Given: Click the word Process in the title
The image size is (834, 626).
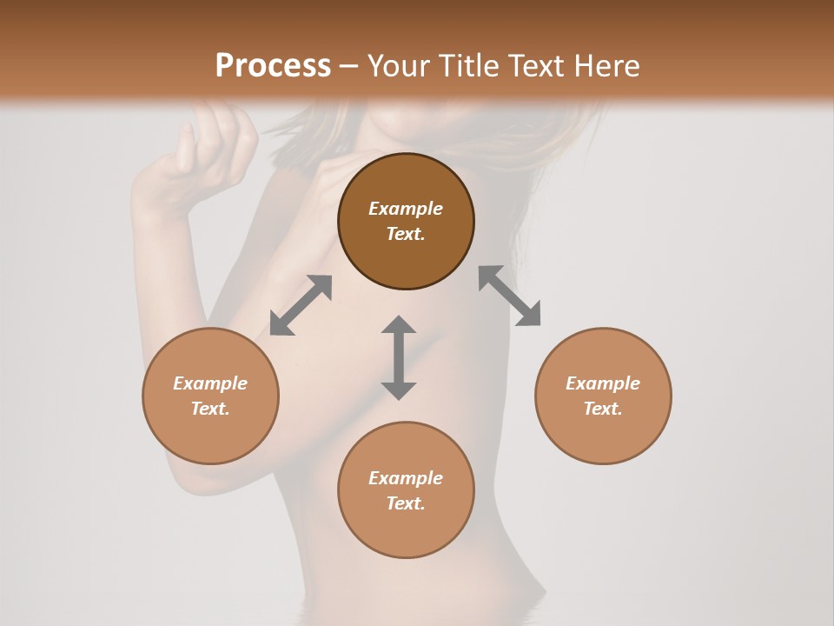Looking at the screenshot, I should [x=273, y=66].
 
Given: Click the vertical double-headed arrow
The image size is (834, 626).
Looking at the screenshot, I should [x=399, y=357].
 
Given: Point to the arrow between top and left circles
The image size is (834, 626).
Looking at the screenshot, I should [x=301, y=305].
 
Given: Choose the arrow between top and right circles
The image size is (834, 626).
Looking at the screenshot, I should [x=510, y=296].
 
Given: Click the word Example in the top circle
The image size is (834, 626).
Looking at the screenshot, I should [x=406, y=209].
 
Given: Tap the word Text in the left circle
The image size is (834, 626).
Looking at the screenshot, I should [x=210, y=409].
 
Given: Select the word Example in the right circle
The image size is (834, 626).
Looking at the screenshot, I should [x=603, y=383].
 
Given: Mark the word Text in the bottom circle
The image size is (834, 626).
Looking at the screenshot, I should [x=406, y=503].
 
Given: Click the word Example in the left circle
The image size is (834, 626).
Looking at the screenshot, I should [x=210, y=383].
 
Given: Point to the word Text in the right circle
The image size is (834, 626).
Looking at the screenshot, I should [x=603, y=409].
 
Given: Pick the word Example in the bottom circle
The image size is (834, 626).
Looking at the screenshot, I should [x=406, y=478].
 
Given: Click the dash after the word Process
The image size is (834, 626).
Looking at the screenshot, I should [x=349, y=67].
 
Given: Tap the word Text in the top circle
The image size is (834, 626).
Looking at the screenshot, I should [x=406, y=234].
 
